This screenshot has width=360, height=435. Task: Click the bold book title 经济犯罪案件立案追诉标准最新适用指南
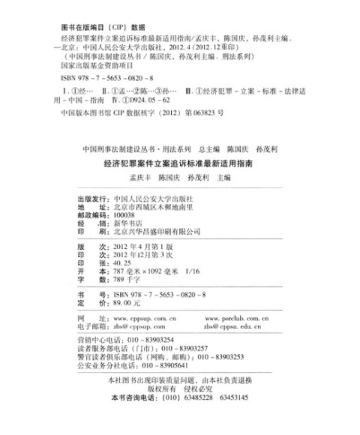pos(179,161)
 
